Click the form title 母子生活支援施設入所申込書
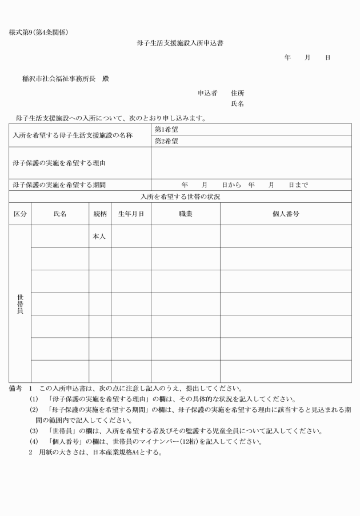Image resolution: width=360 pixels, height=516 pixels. click(x=180, y=43)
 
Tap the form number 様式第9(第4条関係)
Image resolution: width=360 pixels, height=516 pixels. click(x=38, y=31)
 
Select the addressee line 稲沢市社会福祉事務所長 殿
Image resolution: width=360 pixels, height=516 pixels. click(x=65, y=79)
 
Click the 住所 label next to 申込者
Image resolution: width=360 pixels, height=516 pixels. click(x=238, y=93)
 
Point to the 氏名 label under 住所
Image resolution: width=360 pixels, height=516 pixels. click(x=238, y=104)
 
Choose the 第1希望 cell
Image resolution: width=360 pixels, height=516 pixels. click(x=166, y=129)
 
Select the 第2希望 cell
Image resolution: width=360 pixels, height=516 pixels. click(x=166, y=141)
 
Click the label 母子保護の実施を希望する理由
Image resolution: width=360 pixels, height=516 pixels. click(x=61, y=163)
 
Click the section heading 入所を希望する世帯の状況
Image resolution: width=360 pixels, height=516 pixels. click(x=180, y=196)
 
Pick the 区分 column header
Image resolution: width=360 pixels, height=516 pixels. click(x=20, y=214)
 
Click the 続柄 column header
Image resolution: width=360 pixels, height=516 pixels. click(x=100, y=214)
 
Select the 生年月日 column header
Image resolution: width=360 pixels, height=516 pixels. click(x=131, y=214)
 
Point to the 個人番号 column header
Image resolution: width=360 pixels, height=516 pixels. click(x=286, y=214)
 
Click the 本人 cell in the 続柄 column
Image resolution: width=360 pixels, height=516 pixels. click(x=99, y=237)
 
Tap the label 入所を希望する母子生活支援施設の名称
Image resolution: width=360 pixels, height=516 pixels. click(x=73, y=135)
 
